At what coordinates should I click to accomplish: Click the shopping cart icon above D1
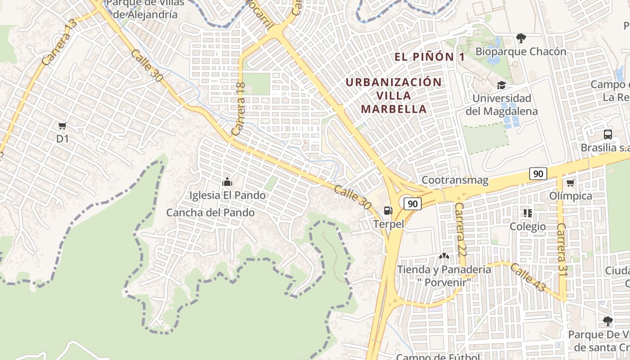click(63, 126)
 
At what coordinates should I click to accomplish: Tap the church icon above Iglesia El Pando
click(227, 182)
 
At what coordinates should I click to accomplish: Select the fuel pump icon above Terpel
click(387, 210)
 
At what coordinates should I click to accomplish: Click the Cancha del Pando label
click(211, 212)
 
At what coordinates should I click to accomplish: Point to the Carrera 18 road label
click(238, 109)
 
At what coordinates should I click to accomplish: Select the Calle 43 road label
click(527, 277)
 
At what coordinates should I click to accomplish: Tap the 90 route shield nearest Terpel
click(412, 204)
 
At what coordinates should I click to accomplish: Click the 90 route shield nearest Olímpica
click(538, 174)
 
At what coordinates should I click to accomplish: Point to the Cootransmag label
click(454, 180)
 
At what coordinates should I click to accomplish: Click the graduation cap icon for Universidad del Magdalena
click(501, 85)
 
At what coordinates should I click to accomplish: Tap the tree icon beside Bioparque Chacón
click(521, 38)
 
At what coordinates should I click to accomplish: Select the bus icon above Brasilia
click(607, 134)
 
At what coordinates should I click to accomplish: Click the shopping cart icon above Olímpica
click(570, 183)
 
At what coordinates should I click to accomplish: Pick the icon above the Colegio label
click(527, 213)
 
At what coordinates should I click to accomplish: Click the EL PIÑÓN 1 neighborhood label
click(429, 57)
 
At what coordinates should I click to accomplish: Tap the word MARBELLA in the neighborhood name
click(394, 109)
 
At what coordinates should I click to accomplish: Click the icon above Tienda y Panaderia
click(444, 256)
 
